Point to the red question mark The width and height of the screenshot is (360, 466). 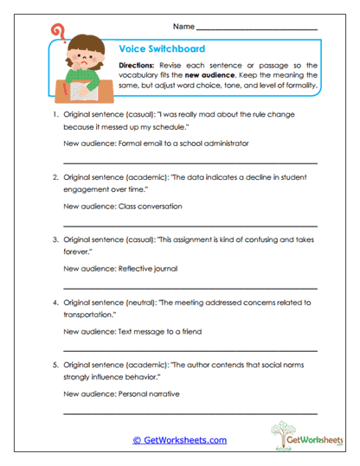pos(58,33)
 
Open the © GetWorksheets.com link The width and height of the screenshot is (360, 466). pos(180,440)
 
